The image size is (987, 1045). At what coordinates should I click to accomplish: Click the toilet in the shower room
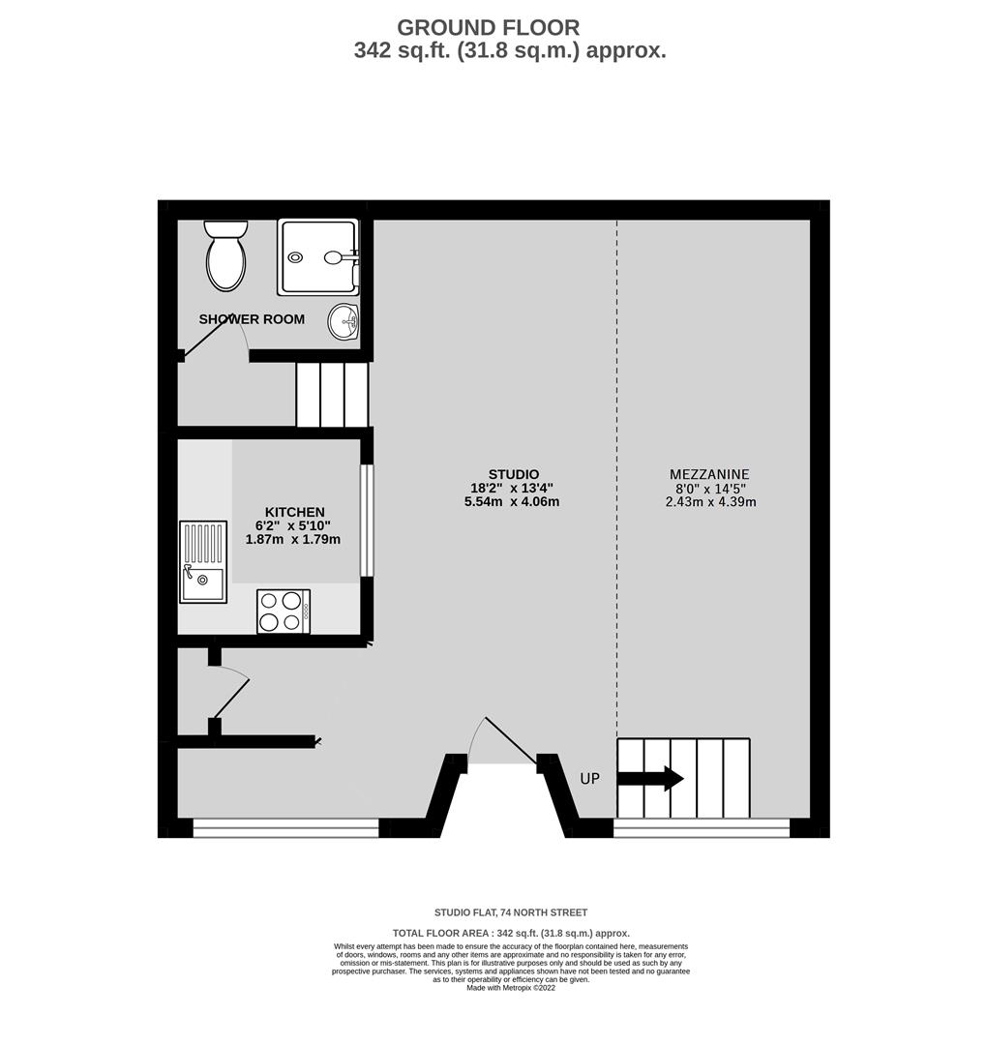[225, 255]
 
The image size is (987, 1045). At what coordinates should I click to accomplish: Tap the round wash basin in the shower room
[344, 321]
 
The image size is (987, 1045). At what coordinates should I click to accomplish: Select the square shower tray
[318, 257]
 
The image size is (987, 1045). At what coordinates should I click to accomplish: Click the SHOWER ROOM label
[252, 319]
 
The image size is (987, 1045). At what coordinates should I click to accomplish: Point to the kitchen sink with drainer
[203, 562]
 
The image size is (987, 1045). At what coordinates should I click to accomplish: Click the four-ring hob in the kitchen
[284, 612]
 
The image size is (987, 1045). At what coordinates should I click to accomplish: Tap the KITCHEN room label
[294, 512]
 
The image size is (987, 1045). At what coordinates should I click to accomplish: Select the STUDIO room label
[513, 474]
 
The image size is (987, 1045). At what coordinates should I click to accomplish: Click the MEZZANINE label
[709, 474]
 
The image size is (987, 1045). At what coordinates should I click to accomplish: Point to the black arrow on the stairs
[650, 778]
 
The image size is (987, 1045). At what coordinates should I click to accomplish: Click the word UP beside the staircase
[590, 778]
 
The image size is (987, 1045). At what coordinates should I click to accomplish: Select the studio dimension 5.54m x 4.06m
[512, 502]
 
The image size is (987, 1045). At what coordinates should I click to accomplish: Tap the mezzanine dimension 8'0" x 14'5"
[710, 489]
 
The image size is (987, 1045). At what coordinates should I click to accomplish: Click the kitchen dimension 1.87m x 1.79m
[293, 539]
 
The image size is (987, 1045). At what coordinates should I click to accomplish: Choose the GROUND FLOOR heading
[489, 28]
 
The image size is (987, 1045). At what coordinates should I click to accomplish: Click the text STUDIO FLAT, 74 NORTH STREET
[511, 912]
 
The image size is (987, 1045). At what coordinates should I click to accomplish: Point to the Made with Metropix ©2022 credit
[511, 988]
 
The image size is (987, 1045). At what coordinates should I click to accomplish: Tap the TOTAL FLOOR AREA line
[511, 933]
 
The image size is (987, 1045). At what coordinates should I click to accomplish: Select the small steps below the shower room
[332, 394]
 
